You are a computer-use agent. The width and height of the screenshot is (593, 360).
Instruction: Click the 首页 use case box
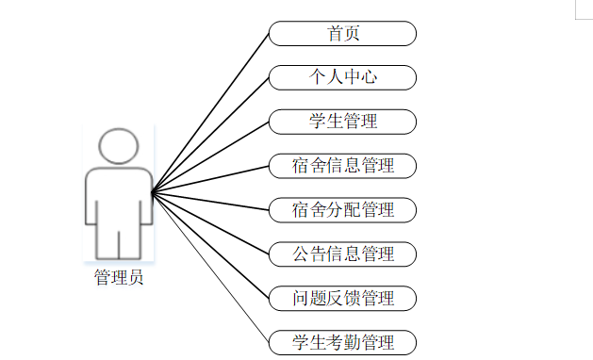click(x=342, y=34)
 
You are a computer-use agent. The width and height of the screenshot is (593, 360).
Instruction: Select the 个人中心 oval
click(x=342, y=77)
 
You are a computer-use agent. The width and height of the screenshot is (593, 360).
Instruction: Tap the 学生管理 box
click(x=342, y=122)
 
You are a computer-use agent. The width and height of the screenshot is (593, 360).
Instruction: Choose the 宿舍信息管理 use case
click(x=342, y=166)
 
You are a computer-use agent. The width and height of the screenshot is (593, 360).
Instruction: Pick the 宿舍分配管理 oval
click(x=342, y=210)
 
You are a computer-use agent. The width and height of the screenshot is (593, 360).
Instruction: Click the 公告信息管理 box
click(x=342, y=254)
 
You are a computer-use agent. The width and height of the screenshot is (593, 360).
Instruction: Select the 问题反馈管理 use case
click(x=342, y=299)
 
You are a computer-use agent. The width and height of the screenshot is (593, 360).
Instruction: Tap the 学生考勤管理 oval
click(x=342, y=343)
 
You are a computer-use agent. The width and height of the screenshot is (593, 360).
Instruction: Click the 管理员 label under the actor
click(x=119, y=277)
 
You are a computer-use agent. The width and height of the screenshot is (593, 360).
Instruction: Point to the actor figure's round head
click(x=119, y=146)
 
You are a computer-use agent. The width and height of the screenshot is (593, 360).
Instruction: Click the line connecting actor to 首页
click(x=210, y=113)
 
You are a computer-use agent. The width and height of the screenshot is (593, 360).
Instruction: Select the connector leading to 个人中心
click(x=210, y=135)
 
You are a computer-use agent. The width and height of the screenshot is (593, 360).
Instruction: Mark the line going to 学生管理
click(x=210, y=157)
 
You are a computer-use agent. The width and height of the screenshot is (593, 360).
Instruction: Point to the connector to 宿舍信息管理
click(x=210, y=179)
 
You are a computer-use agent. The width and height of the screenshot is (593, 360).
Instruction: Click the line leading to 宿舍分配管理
click(x=210, y=201)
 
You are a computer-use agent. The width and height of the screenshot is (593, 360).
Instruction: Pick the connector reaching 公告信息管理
click(x=210, y=223)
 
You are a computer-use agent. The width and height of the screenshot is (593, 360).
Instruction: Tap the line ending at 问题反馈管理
click(x=210, y=245)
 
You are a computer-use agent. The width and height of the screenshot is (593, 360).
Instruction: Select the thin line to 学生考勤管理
click(x=210, y=268)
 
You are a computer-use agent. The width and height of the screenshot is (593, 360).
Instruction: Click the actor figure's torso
click(x=119, y=197)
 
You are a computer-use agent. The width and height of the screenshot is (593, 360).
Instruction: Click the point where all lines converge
click(x=152, y=192)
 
